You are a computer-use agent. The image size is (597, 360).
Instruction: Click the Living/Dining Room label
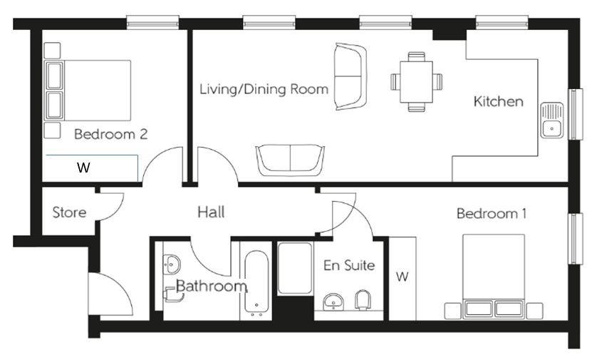(x=264, y=89)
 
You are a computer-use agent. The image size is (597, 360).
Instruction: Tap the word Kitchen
(x=499, y=101)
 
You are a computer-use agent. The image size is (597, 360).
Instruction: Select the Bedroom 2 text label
(x=111, y=134)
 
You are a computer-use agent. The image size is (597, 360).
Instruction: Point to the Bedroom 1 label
(x=492, y=213)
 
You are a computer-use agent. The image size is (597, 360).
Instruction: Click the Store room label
(x=69, y=212)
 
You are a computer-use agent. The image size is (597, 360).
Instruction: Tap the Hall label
(x=211, y=212)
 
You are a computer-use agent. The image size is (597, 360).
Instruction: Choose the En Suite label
(x=349, y=265)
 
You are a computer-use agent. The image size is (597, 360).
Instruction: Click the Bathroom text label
(x=212, y=286)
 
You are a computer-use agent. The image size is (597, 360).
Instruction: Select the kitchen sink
(x=552, y=120)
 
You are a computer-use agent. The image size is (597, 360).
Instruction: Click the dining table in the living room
(x=416, y=82)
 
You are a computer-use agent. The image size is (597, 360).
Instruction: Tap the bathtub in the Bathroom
(x=256, y=283)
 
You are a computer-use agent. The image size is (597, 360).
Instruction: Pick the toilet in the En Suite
(x=363, y=300)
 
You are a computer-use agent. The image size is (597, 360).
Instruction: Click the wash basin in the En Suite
(x=333, y=302)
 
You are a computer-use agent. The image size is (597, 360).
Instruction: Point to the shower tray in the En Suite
(x=295, y=268)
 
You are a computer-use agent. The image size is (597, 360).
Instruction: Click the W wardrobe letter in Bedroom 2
(x=83, y=168)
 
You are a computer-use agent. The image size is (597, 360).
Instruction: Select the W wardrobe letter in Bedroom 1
(x=402, y=276)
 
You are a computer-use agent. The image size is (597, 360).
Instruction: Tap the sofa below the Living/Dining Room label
(x=290, y=160)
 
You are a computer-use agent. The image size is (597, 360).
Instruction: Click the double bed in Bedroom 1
(x=494, y=276)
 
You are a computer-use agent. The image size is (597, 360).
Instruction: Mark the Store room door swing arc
(x=115, y=213)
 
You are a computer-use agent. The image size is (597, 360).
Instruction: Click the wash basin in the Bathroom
(x=172, y=264)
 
